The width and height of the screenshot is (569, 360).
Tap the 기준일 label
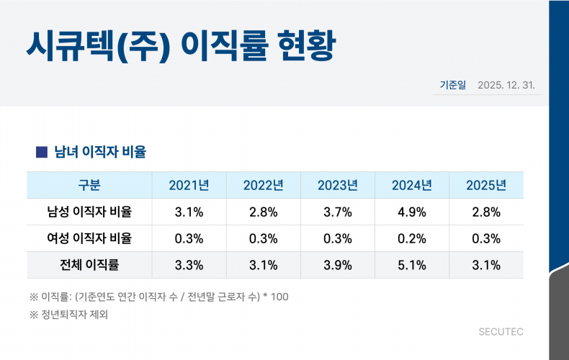453,86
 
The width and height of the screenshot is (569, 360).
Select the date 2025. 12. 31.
506,86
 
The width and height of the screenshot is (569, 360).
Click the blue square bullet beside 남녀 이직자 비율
42,152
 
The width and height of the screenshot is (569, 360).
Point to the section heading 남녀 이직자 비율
100,152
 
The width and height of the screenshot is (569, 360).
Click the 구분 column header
89,186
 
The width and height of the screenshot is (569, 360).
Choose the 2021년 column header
189,186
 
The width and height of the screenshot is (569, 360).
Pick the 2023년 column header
337,186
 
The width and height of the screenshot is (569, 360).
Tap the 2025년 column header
485,186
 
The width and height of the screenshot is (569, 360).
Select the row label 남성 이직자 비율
89,212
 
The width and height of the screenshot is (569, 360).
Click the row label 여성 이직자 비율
89,238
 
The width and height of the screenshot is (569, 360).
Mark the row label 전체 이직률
89,265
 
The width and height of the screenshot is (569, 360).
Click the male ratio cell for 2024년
412,212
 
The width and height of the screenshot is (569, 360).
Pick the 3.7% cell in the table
337,212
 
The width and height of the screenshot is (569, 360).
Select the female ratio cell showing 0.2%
412,238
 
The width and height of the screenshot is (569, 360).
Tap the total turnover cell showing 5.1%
412,265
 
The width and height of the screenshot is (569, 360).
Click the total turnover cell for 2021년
189,265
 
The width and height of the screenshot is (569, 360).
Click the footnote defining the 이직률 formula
158,297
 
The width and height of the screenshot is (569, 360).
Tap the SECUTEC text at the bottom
501,332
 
